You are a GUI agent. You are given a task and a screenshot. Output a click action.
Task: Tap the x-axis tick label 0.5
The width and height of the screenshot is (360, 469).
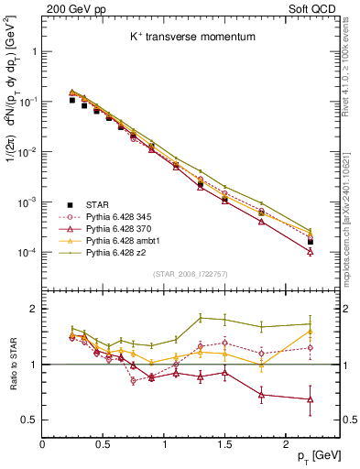point(103,443)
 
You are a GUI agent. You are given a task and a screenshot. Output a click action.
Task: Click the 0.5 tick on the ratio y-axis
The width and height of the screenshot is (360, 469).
point(30,420)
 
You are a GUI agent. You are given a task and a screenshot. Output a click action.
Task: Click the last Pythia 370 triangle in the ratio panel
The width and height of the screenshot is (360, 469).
point(310,399)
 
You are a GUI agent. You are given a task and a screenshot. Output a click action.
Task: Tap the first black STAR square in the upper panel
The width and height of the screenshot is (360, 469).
point(72,100)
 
